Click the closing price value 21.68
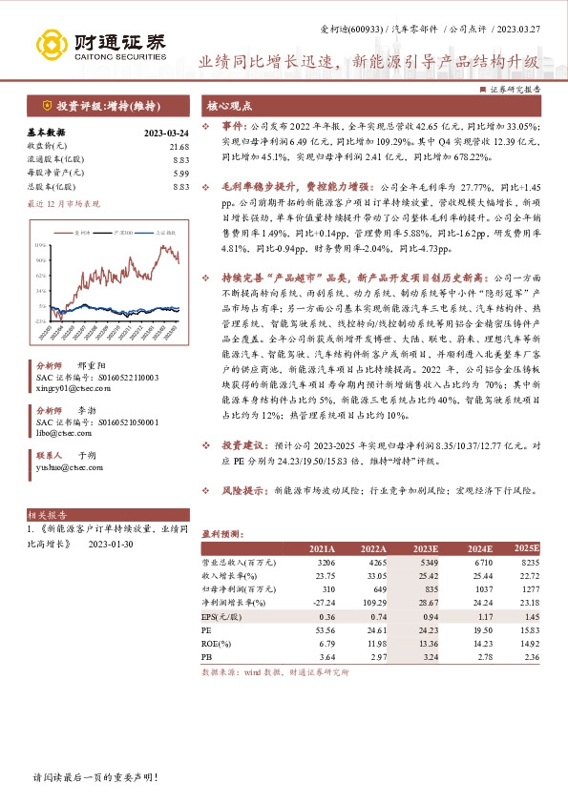[179, 147]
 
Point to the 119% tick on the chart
[42, 243]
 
